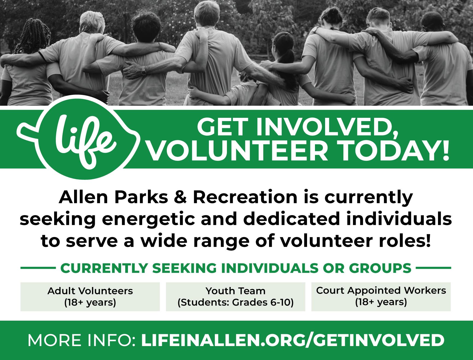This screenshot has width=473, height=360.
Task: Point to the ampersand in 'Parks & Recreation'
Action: click(x=180, y=197)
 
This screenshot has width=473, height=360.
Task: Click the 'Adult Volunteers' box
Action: click(x=90, y=297)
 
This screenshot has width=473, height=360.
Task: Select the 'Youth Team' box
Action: click(x=235, y=297)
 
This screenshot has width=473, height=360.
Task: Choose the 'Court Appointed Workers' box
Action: click(x=381, y=297)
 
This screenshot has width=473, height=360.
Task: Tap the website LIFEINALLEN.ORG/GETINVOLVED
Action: click(x=293, y=340)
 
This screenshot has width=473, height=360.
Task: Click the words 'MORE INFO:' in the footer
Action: click(x=82, y=340)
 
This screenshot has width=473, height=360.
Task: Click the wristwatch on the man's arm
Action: click(x=144, y=72)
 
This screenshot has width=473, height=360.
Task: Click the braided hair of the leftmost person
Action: click(x=37, y=36)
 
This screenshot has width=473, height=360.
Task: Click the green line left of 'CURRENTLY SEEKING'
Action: click(x=37, y=268)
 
